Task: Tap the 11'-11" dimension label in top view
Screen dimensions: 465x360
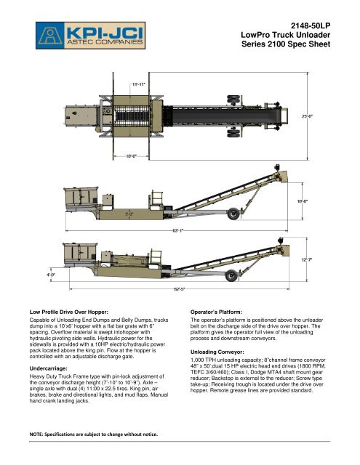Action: pos(132,84)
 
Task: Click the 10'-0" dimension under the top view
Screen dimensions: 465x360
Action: pos(131,155)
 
